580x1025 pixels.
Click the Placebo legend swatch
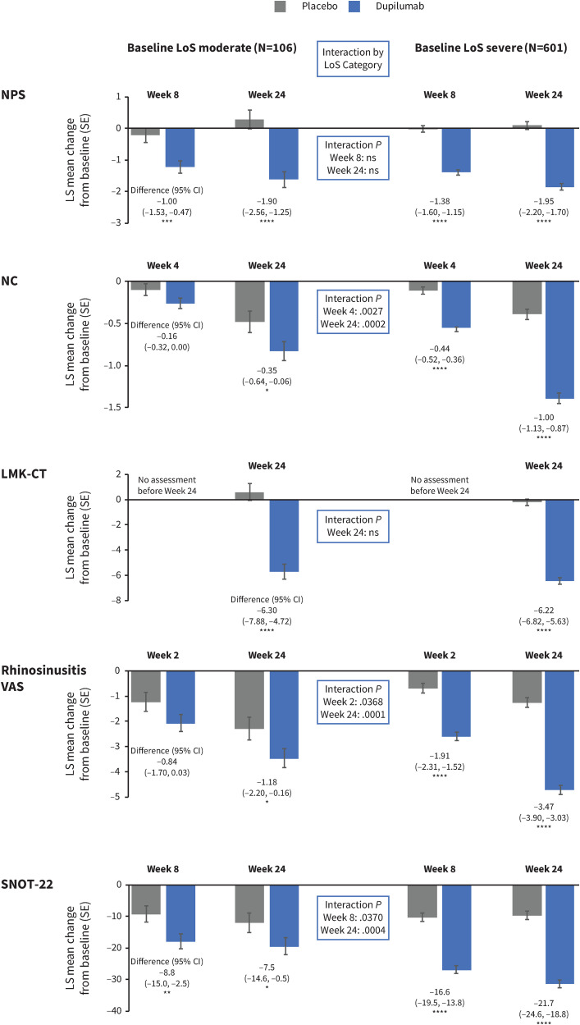(x=281, y=7)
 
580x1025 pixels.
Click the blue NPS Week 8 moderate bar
(x=181, y=147)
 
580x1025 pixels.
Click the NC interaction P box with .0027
(x=352, y=311)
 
